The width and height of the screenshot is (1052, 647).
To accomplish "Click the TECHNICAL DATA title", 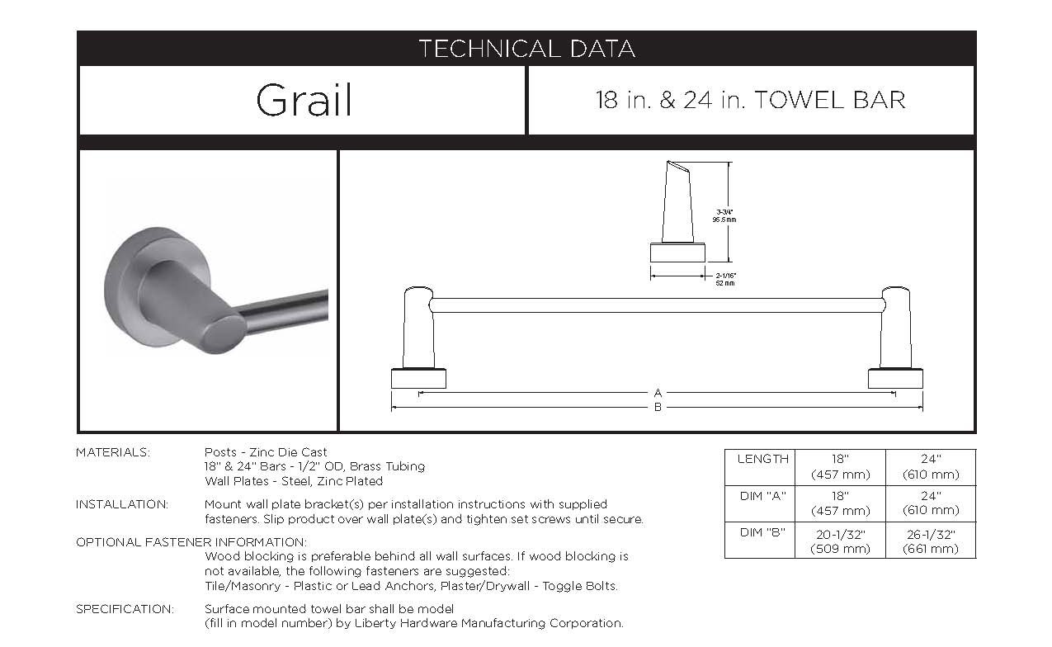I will [x=526, y=49].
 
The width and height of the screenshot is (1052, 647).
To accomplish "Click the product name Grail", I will [x=304, y=101].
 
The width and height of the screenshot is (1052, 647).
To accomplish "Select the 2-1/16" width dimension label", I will [x=725, y=276].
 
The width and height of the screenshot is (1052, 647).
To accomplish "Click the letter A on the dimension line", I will [x=658, y=393].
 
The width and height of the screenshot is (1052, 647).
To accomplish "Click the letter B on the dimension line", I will [x=658, y=407].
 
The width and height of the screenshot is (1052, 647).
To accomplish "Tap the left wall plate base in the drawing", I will [x=418, y=379].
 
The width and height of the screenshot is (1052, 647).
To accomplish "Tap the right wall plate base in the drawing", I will [x=895, y=379].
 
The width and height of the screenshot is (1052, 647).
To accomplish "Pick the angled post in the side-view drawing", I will [x=677, y=202].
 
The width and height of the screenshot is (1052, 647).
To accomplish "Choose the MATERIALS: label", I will [x=113, y=452].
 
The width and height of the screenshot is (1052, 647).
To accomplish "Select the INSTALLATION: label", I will [x=122, y=504].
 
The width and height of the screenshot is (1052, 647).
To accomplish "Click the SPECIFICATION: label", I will [x=125, y=609].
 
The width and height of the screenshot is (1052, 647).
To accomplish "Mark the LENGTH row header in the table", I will [x=762, y=459].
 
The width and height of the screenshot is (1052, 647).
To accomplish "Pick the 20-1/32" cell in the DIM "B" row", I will [x=840, y=541].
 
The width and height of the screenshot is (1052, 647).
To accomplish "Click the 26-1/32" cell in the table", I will [x=931, y=541].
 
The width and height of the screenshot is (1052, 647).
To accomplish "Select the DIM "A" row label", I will [x=762, y=495].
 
